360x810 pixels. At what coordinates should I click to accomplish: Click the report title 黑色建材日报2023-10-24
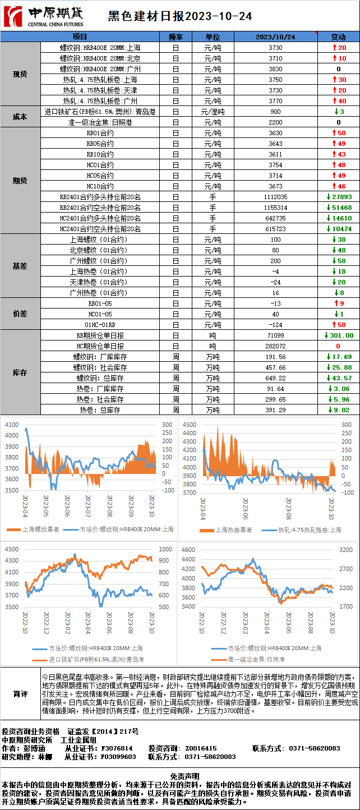point(179,16)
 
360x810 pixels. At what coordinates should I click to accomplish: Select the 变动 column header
point(338,37)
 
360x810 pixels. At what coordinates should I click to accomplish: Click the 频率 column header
point(176,37)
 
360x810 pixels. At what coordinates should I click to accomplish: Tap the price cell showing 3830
point(275,69)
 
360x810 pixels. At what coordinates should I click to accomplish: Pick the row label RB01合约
point(100,133)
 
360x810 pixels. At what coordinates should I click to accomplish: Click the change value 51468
point(339,208)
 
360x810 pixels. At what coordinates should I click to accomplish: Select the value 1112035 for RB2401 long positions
point(275,197)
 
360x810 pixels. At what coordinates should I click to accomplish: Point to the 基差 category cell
point(20,266)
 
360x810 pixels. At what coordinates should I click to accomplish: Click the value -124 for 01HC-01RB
point(275,325)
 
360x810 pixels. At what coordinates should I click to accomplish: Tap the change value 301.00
point(339,335)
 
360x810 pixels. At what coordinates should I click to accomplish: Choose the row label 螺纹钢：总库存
point(100,378)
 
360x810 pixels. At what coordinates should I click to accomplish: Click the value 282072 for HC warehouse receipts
point(275,346)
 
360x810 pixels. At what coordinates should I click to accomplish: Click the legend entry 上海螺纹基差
point(39,529)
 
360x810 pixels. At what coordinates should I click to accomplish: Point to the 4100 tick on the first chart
point(12,426)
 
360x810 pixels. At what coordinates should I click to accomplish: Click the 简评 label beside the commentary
point(20,694)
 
